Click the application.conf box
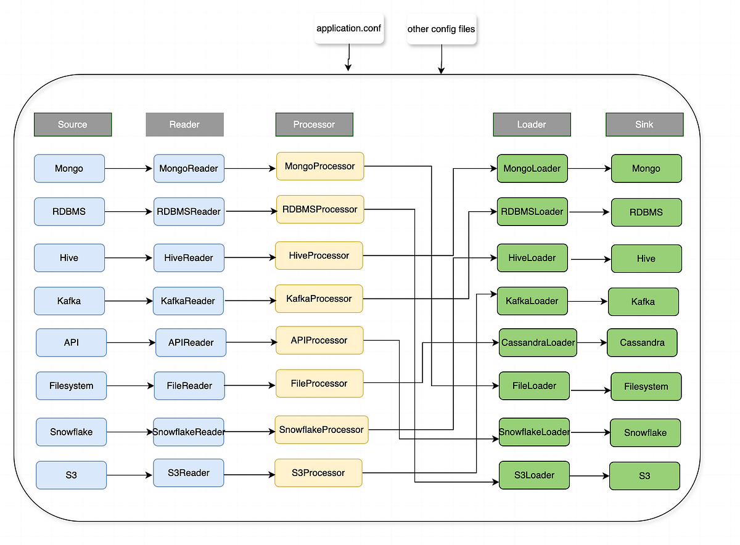[x=349, y=29]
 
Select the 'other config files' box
[x=441, y=29]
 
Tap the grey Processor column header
[x=314, y=124]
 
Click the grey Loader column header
[x=532, y=124]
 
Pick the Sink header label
[x=644, y=124]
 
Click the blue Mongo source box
[x=69, y=169]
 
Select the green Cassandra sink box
[x=642, y=342]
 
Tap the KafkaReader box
[x=187, y=301]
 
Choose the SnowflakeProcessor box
[x=321, y=429]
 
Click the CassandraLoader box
[x=538, y=342]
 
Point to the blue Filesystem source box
[x=72, y=386]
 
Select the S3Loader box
[x=534, y=475]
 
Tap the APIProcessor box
[x=319, y=341]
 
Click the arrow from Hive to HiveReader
[x=129, y=258]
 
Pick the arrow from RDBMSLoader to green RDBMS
[x=590, y=212]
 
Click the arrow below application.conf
[x=348, y=60]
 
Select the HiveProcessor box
[x=319, y=256]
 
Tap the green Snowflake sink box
[x=645, y=432]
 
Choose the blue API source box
[x=72, y=342]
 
